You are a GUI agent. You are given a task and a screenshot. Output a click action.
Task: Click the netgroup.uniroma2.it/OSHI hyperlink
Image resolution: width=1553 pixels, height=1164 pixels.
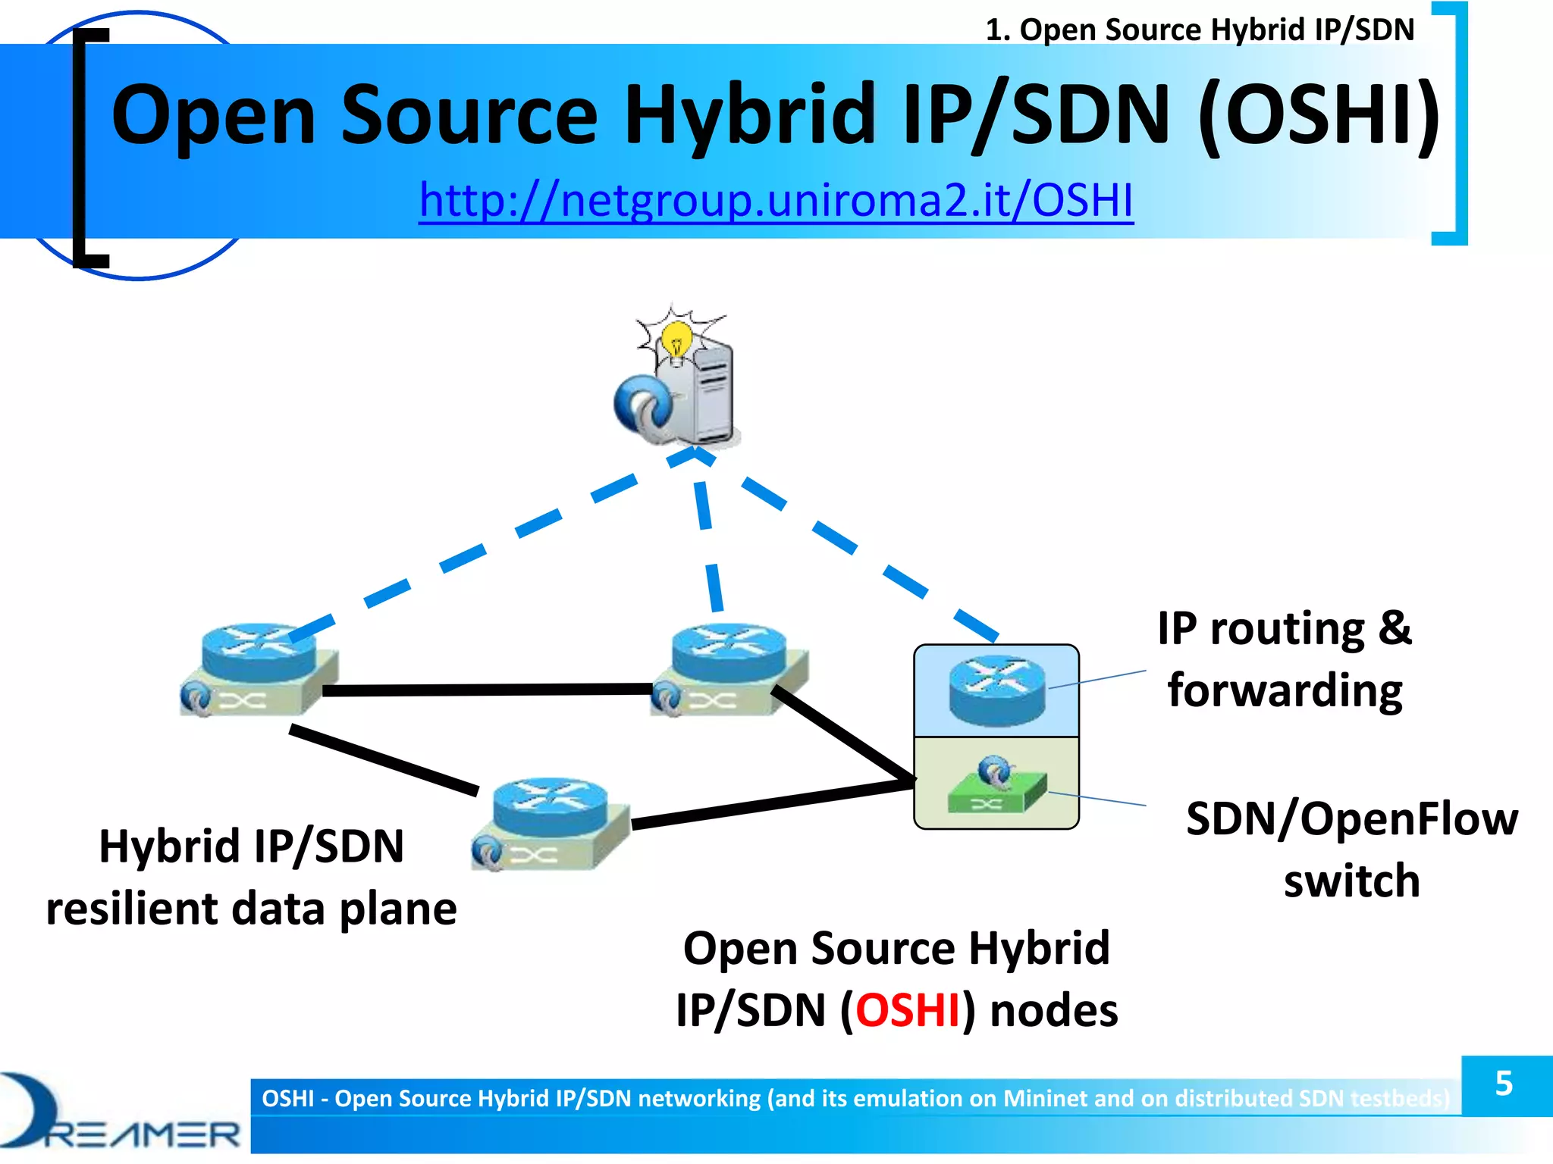point(776,200)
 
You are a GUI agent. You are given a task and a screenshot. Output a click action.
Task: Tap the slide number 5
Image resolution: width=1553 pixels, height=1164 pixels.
point(1504,1084)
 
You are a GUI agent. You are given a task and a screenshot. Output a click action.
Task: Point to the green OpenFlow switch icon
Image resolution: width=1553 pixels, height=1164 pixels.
point(996,792)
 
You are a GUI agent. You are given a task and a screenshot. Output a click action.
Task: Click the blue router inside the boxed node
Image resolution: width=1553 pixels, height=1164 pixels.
point(996,690)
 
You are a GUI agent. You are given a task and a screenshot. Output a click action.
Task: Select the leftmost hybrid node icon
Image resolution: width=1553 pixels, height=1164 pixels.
point(259,670)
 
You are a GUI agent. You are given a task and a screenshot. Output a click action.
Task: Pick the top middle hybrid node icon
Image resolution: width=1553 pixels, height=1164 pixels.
point(729,670)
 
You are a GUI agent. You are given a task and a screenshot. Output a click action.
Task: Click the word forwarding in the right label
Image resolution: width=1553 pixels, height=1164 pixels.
point(1285,691)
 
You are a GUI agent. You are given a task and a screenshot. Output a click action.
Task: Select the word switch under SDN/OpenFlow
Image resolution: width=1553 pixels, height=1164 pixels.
point(1351,881)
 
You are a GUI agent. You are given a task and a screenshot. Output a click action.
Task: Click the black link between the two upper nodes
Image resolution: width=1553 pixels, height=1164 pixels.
point(485,690)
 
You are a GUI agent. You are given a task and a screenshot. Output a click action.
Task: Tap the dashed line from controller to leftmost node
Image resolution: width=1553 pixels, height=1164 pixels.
point(463,557)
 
